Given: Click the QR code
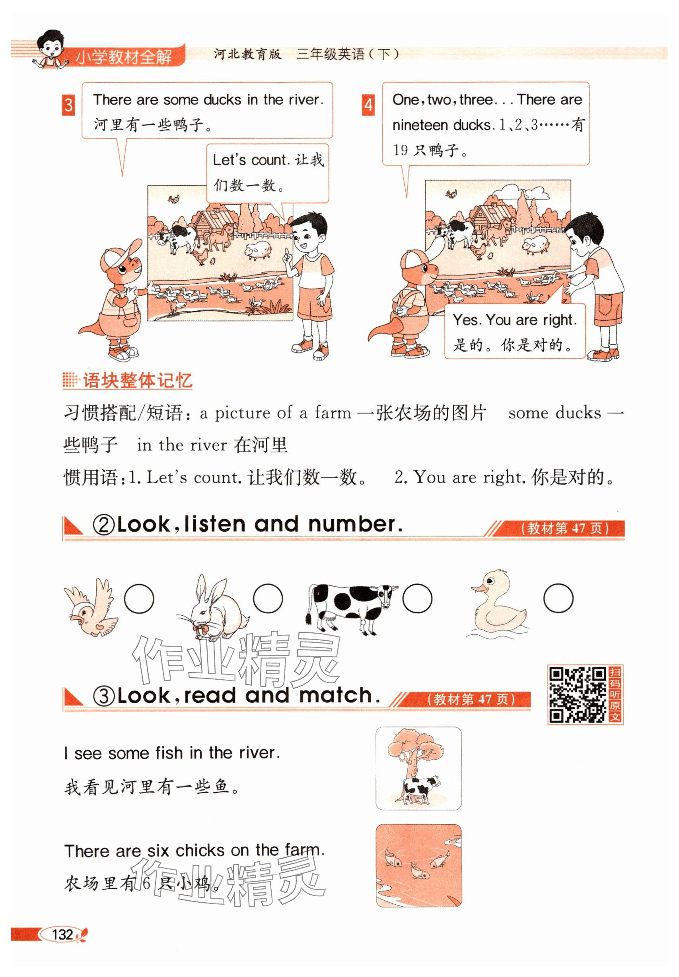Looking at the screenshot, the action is click(x=577, y=695).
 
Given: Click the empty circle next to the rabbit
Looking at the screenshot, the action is click(x=268, y=599).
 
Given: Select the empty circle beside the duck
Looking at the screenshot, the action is click(x=558, y=599).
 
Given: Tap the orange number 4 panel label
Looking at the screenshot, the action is click(x=368, y=105).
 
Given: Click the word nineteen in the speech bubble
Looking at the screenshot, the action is click(x=420, y=126).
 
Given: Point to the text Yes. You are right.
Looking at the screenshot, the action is click(x=515, y=320).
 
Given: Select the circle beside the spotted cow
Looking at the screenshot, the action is click(x=417, y=599).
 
